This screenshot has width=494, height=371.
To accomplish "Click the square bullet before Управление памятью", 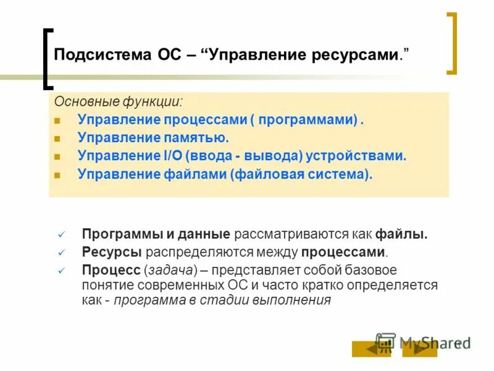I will [57, 139].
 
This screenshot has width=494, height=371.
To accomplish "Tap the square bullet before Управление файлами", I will [57, 175].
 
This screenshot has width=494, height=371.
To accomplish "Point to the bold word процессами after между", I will [343, 252].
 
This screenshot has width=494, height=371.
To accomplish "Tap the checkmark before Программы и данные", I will [61, 235].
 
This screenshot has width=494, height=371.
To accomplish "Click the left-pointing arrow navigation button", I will [371, 349].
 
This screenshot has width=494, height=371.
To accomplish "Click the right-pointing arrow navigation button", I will [420, 349].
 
